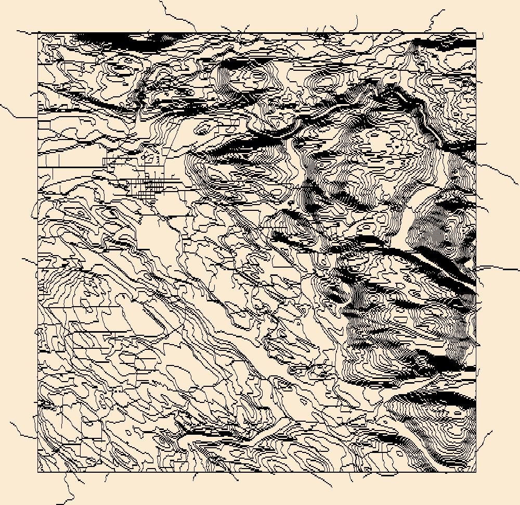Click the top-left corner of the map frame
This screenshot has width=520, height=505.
[x=38, y=33]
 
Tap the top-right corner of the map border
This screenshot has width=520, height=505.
[x=476, y=33]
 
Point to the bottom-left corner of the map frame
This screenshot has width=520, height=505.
[x=38, y=472]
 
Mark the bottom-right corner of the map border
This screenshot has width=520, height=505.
[x=476, y=472]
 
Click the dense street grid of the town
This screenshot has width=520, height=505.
[x=151, y=184]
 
